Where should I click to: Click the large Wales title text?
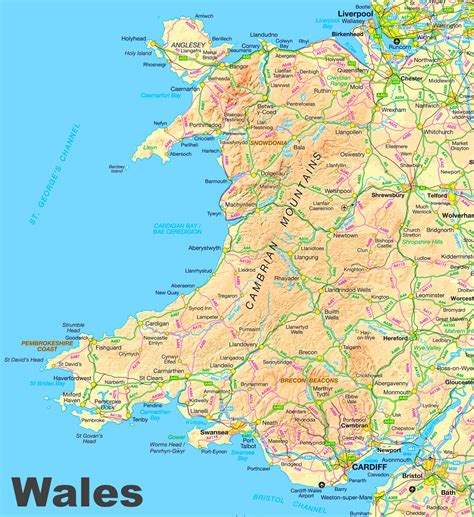click(78, 492)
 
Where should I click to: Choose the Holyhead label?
click(133, 38)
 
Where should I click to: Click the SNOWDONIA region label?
click(267, 143)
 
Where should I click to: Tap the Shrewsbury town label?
click(384, 196)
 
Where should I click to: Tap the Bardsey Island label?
click(117, 169)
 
